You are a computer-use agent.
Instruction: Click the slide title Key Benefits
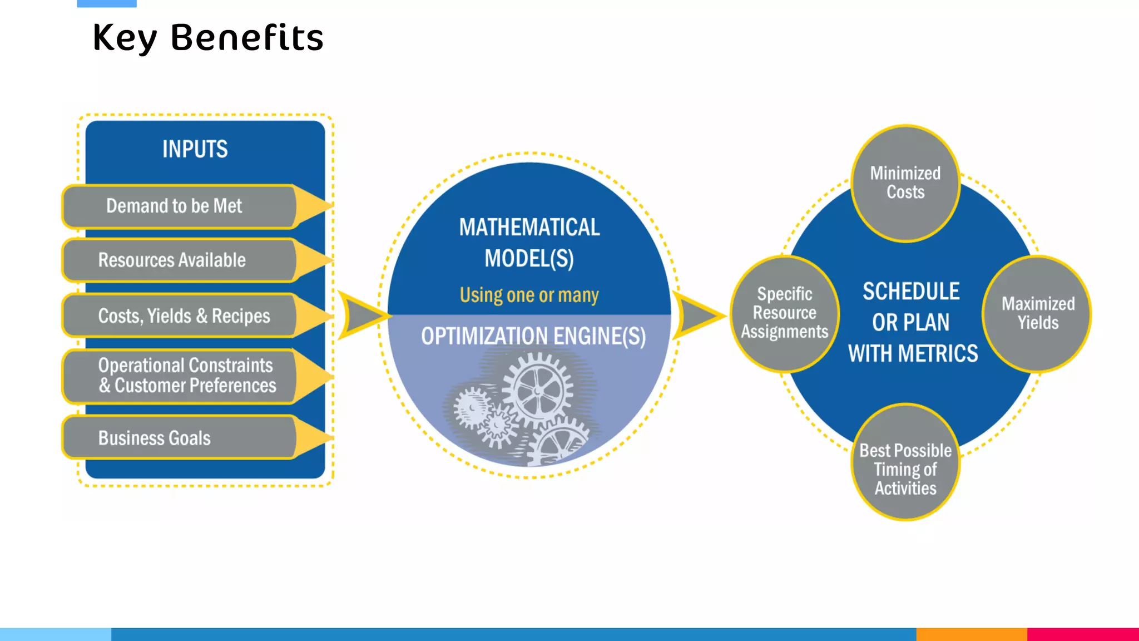pos(208,38)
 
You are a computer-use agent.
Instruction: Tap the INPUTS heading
pos(195,149)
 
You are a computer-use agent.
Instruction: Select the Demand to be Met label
pos(174,206)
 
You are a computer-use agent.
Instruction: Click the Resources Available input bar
pos(172,260)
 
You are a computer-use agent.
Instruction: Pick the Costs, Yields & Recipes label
pos(184,316)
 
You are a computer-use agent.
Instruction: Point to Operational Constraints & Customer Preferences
pos(187,376)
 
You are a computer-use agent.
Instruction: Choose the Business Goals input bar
pos(155,438)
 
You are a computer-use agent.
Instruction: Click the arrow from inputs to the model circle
pos(360,315)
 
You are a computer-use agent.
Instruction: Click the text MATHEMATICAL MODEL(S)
pos(529,243)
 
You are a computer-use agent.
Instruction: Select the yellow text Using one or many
pos(529,295)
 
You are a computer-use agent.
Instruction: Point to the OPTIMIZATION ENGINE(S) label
pos(533,337)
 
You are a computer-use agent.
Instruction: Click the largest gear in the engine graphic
pos(537,390)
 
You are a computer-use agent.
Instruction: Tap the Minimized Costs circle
pos(905,183)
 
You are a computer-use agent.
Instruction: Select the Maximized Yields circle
pos(1038,313)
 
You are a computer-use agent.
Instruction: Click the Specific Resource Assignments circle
pos(784,313)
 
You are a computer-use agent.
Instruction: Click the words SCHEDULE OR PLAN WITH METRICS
pos(912,323)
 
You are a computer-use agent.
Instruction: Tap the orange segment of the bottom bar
pos(971,634)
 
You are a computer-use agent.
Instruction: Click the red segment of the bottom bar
pos(1082,634)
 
